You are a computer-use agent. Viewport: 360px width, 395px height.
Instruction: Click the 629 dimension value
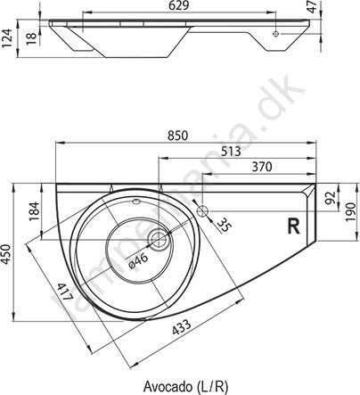point(180,5)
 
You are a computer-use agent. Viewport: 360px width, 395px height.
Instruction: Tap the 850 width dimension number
point(178,136)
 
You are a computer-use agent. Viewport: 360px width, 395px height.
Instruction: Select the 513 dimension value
point(232,152)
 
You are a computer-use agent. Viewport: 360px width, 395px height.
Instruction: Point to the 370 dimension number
point(262,167)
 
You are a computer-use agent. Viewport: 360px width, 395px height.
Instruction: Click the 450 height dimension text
point(6,253)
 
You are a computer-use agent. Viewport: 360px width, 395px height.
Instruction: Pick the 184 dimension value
point(35,211)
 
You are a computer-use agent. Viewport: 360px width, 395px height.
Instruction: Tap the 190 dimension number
point(351,211)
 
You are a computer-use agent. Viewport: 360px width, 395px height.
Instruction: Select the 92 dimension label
point(331,197)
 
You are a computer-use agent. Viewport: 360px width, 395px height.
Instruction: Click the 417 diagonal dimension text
point(64,292)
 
